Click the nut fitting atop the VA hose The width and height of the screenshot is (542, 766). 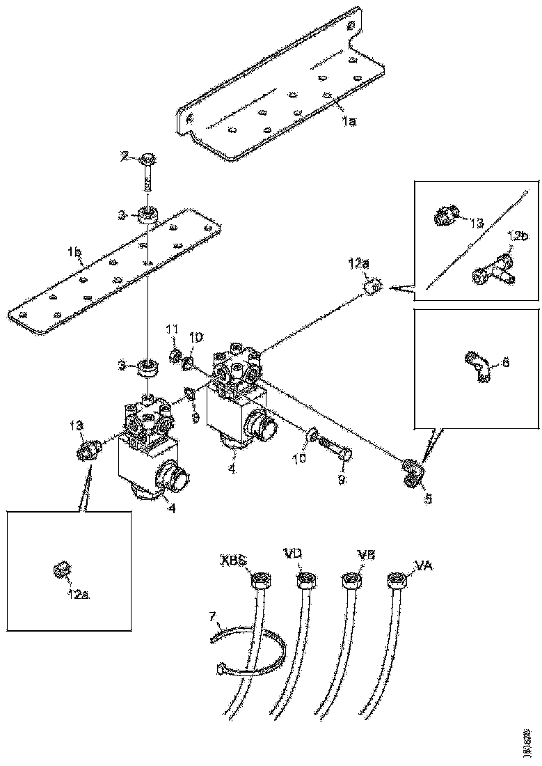(397, 579)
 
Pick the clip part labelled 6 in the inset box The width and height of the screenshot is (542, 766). (478, 366)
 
